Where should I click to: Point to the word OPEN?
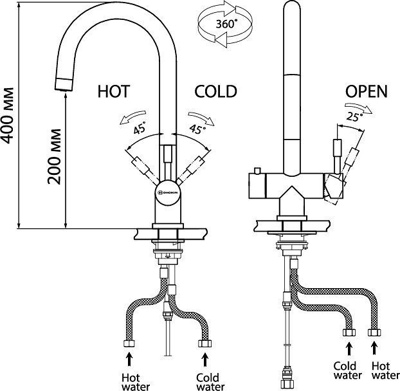pos(366,92)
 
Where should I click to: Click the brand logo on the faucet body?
pos(168,191)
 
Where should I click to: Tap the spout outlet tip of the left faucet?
pos(62,83)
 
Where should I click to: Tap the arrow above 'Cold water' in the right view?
pos(350,349)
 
